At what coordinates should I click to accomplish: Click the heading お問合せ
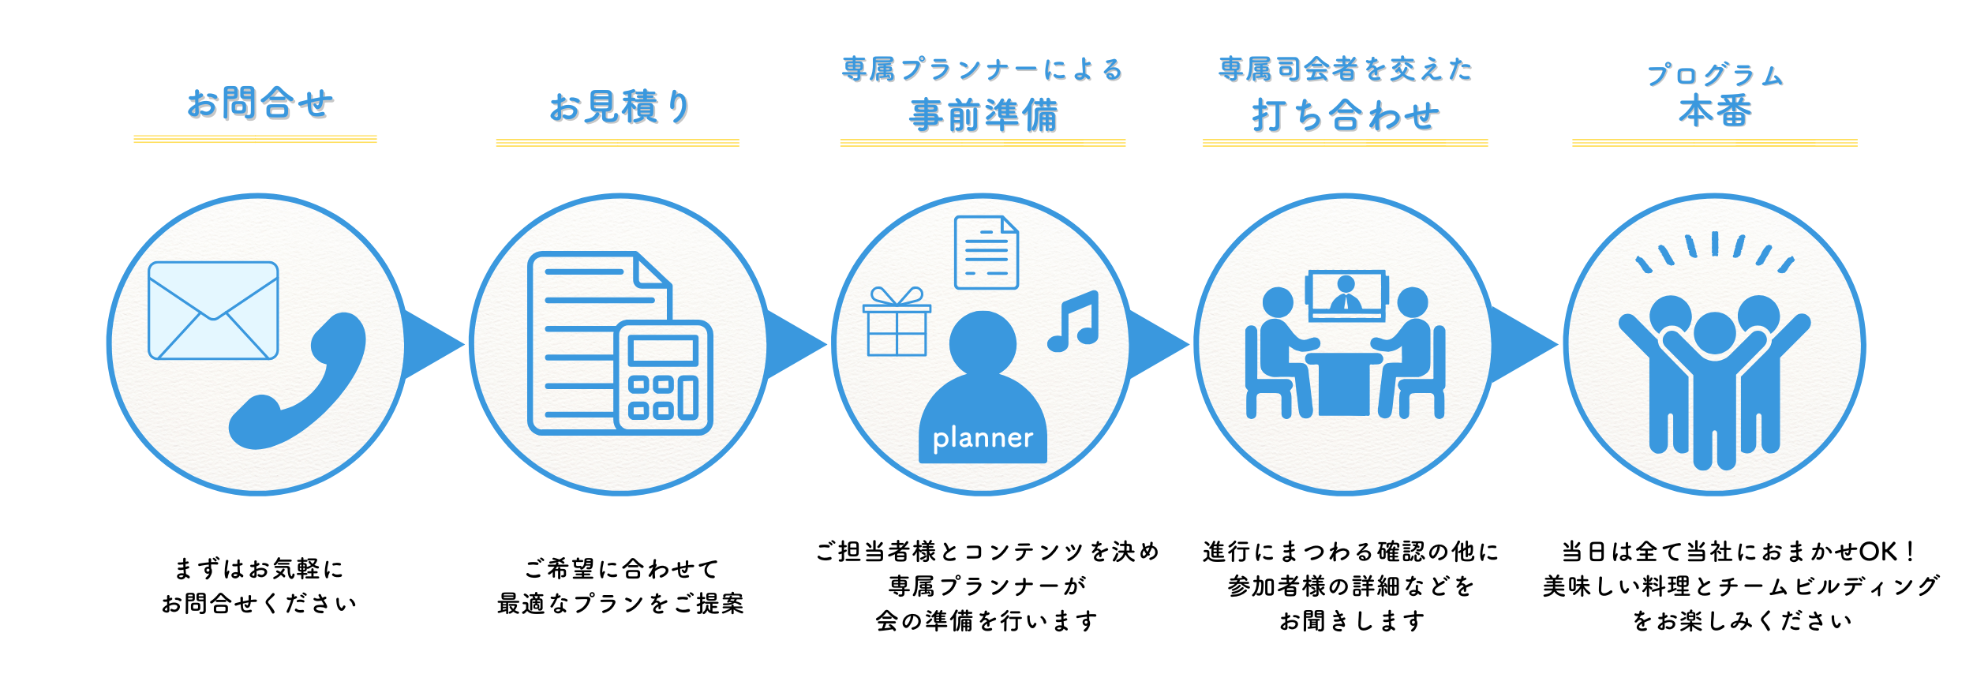[260, 103]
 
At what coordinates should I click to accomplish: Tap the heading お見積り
[620, 107]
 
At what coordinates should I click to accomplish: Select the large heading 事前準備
[983, 115]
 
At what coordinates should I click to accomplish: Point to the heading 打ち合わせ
[1346, 115]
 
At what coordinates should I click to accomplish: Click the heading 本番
[1715, 110]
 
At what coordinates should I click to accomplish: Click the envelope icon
[213, 310]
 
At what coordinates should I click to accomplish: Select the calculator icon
[663, 377]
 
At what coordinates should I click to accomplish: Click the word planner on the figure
[983, 438]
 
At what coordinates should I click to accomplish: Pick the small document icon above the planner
[986, 253]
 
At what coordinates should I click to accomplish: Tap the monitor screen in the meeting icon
[1346, 294]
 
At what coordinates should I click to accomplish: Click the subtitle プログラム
[1714, 75]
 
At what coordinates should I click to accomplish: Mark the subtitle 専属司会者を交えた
[1346, 69]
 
